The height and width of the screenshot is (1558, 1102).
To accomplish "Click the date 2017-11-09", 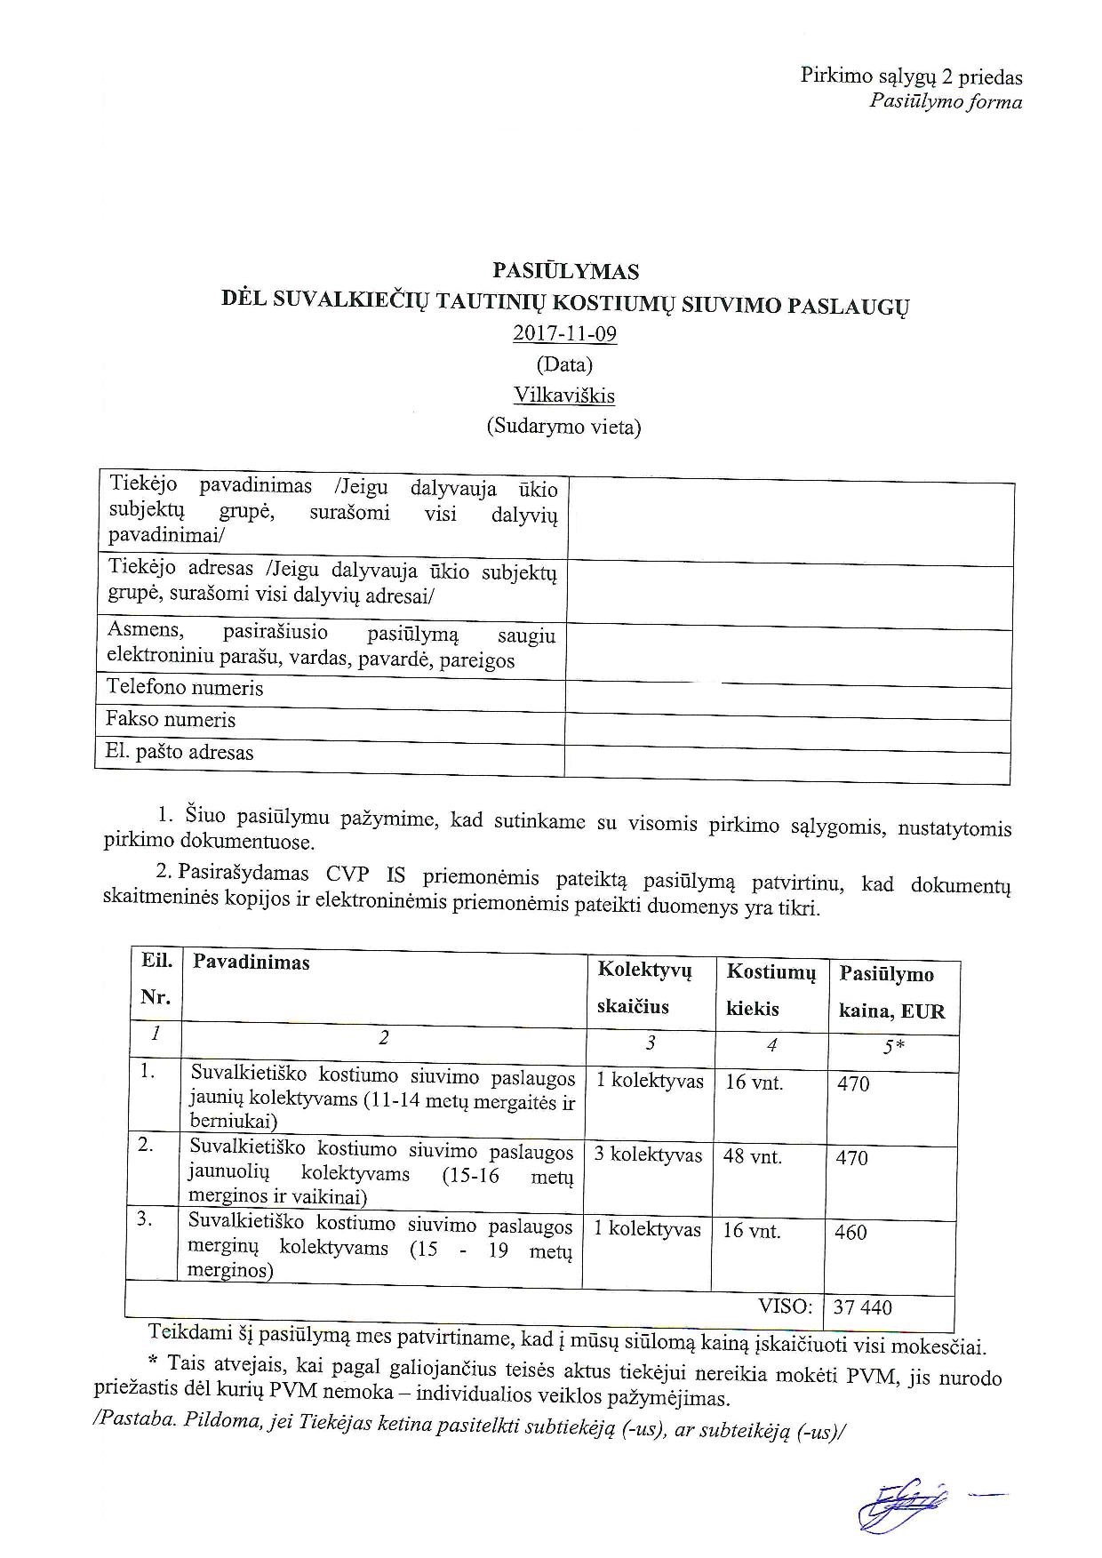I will pyautogui.click(x=565, y=334).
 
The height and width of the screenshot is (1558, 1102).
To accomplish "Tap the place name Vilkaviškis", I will pyautogui.click(x=565, y=395).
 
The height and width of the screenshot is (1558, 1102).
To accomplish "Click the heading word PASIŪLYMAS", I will pyautogui.click(x=565, y=271).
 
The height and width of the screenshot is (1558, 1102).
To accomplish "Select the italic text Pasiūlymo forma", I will pyautogui.click(x=946, y=102).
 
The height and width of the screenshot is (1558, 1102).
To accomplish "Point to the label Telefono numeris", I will pyautogui.click(x=185, y=688).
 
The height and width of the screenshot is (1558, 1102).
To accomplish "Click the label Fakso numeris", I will pyautogui.click(x=171, y=719).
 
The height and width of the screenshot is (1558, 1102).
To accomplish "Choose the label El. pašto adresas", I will pyautogui.click(x=180, y=753).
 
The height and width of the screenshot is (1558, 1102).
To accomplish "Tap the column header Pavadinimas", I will pyautogui.click(x=252, y=963).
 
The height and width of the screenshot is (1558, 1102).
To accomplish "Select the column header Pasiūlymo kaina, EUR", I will pyautogui.click(x=891, y=994).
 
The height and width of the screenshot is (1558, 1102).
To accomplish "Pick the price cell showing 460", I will pyautogui.click(x=851, y=1233).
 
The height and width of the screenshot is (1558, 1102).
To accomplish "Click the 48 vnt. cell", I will pyautogui.click(x=753, y=1157).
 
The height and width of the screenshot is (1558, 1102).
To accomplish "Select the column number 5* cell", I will pyautogui.click(x=893, y=1047).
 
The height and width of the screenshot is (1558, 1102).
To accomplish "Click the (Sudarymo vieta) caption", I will pyautogui.click(x=563, y=427).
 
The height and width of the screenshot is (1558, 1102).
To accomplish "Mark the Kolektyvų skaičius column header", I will pyautogui.click(x=644, y=988).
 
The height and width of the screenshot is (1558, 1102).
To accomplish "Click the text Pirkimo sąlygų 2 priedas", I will pyautogui.click(x=912, y=78).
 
